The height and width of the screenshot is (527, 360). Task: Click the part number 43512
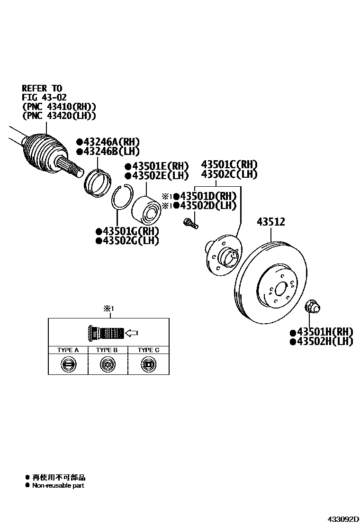271,222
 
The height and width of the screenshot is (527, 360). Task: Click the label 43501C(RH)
229,164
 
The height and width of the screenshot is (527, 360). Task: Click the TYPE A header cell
68,350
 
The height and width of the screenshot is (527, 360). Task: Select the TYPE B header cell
107,350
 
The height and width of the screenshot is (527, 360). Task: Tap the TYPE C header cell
148,350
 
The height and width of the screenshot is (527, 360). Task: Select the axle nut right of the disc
312,306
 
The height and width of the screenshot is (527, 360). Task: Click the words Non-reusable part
58,485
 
